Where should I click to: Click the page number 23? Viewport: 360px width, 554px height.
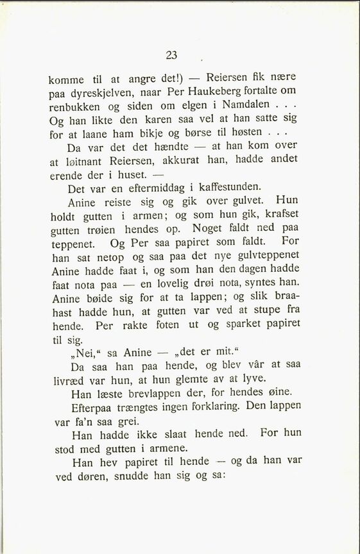(x=172, y=55)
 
